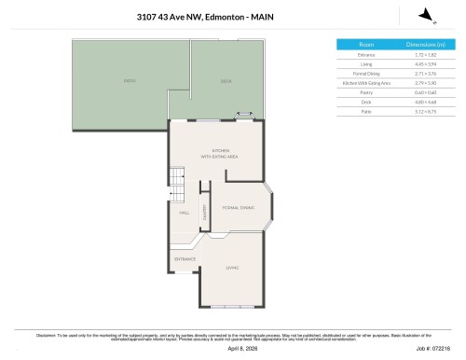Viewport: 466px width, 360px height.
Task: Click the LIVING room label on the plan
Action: (232, 268)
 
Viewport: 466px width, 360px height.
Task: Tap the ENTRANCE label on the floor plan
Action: (185, 258)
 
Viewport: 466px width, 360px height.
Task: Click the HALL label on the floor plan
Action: (185, 213)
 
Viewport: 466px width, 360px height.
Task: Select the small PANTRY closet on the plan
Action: (204, 211)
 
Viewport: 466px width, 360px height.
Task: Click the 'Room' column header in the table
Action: (365, 45)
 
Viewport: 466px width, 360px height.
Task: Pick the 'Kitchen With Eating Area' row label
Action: (365, 83)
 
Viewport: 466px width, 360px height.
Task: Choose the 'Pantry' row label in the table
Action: (365, 92)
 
